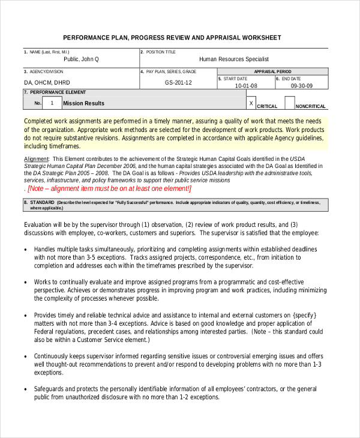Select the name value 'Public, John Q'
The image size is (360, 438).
coord(82,59)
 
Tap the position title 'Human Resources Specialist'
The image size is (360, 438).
coord(234,59)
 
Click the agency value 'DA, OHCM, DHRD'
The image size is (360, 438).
coord(47,82)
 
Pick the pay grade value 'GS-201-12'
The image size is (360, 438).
coord(178,82)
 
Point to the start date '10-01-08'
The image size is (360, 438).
coord(246,86)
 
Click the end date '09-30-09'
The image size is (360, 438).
coord(302,86)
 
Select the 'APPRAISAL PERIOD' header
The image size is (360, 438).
coord(272,71)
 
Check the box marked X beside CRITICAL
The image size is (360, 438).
coord(251,103)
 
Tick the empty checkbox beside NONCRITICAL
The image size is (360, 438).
coord(290,103)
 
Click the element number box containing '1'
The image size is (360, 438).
coord(52,103)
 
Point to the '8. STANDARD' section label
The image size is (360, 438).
coord(39,202)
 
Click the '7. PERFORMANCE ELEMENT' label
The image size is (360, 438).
coord(55,92)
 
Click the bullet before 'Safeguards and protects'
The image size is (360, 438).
coord(25,389)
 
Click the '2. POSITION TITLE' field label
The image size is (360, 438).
coord(158,52)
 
